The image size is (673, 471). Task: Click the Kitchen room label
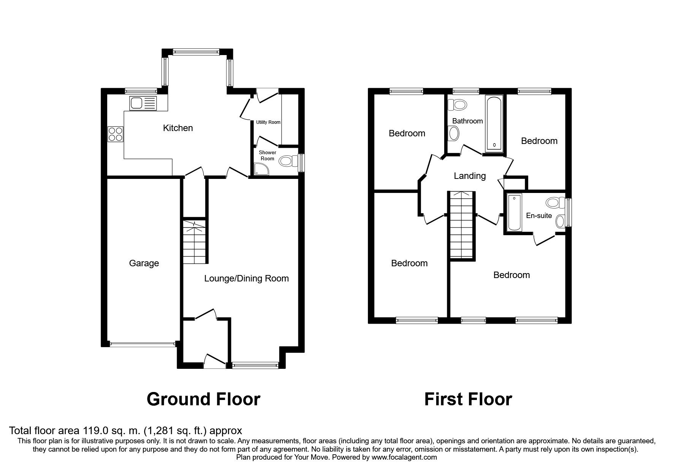[x=178, y=128]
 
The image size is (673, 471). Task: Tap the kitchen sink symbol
[x=143, y=103]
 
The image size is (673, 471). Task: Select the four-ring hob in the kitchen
[x=116, y=133]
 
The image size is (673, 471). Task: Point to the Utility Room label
[x=268, y=122]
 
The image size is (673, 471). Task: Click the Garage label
[x=144, y=263]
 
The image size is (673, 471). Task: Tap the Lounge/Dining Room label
[x=247, y=278]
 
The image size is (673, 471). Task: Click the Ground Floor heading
[x=203, y=399]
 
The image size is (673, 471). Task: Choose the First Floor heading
[x=468, y=399]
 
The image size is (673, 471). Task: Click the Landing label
[x=470, y=176]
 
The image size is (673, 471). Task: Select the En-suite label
[x=539, y=216]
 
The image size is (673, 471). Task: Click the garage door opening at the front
[x=143, y=344]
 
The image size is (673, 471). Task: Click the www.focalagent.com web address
[x=404, y=457]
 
